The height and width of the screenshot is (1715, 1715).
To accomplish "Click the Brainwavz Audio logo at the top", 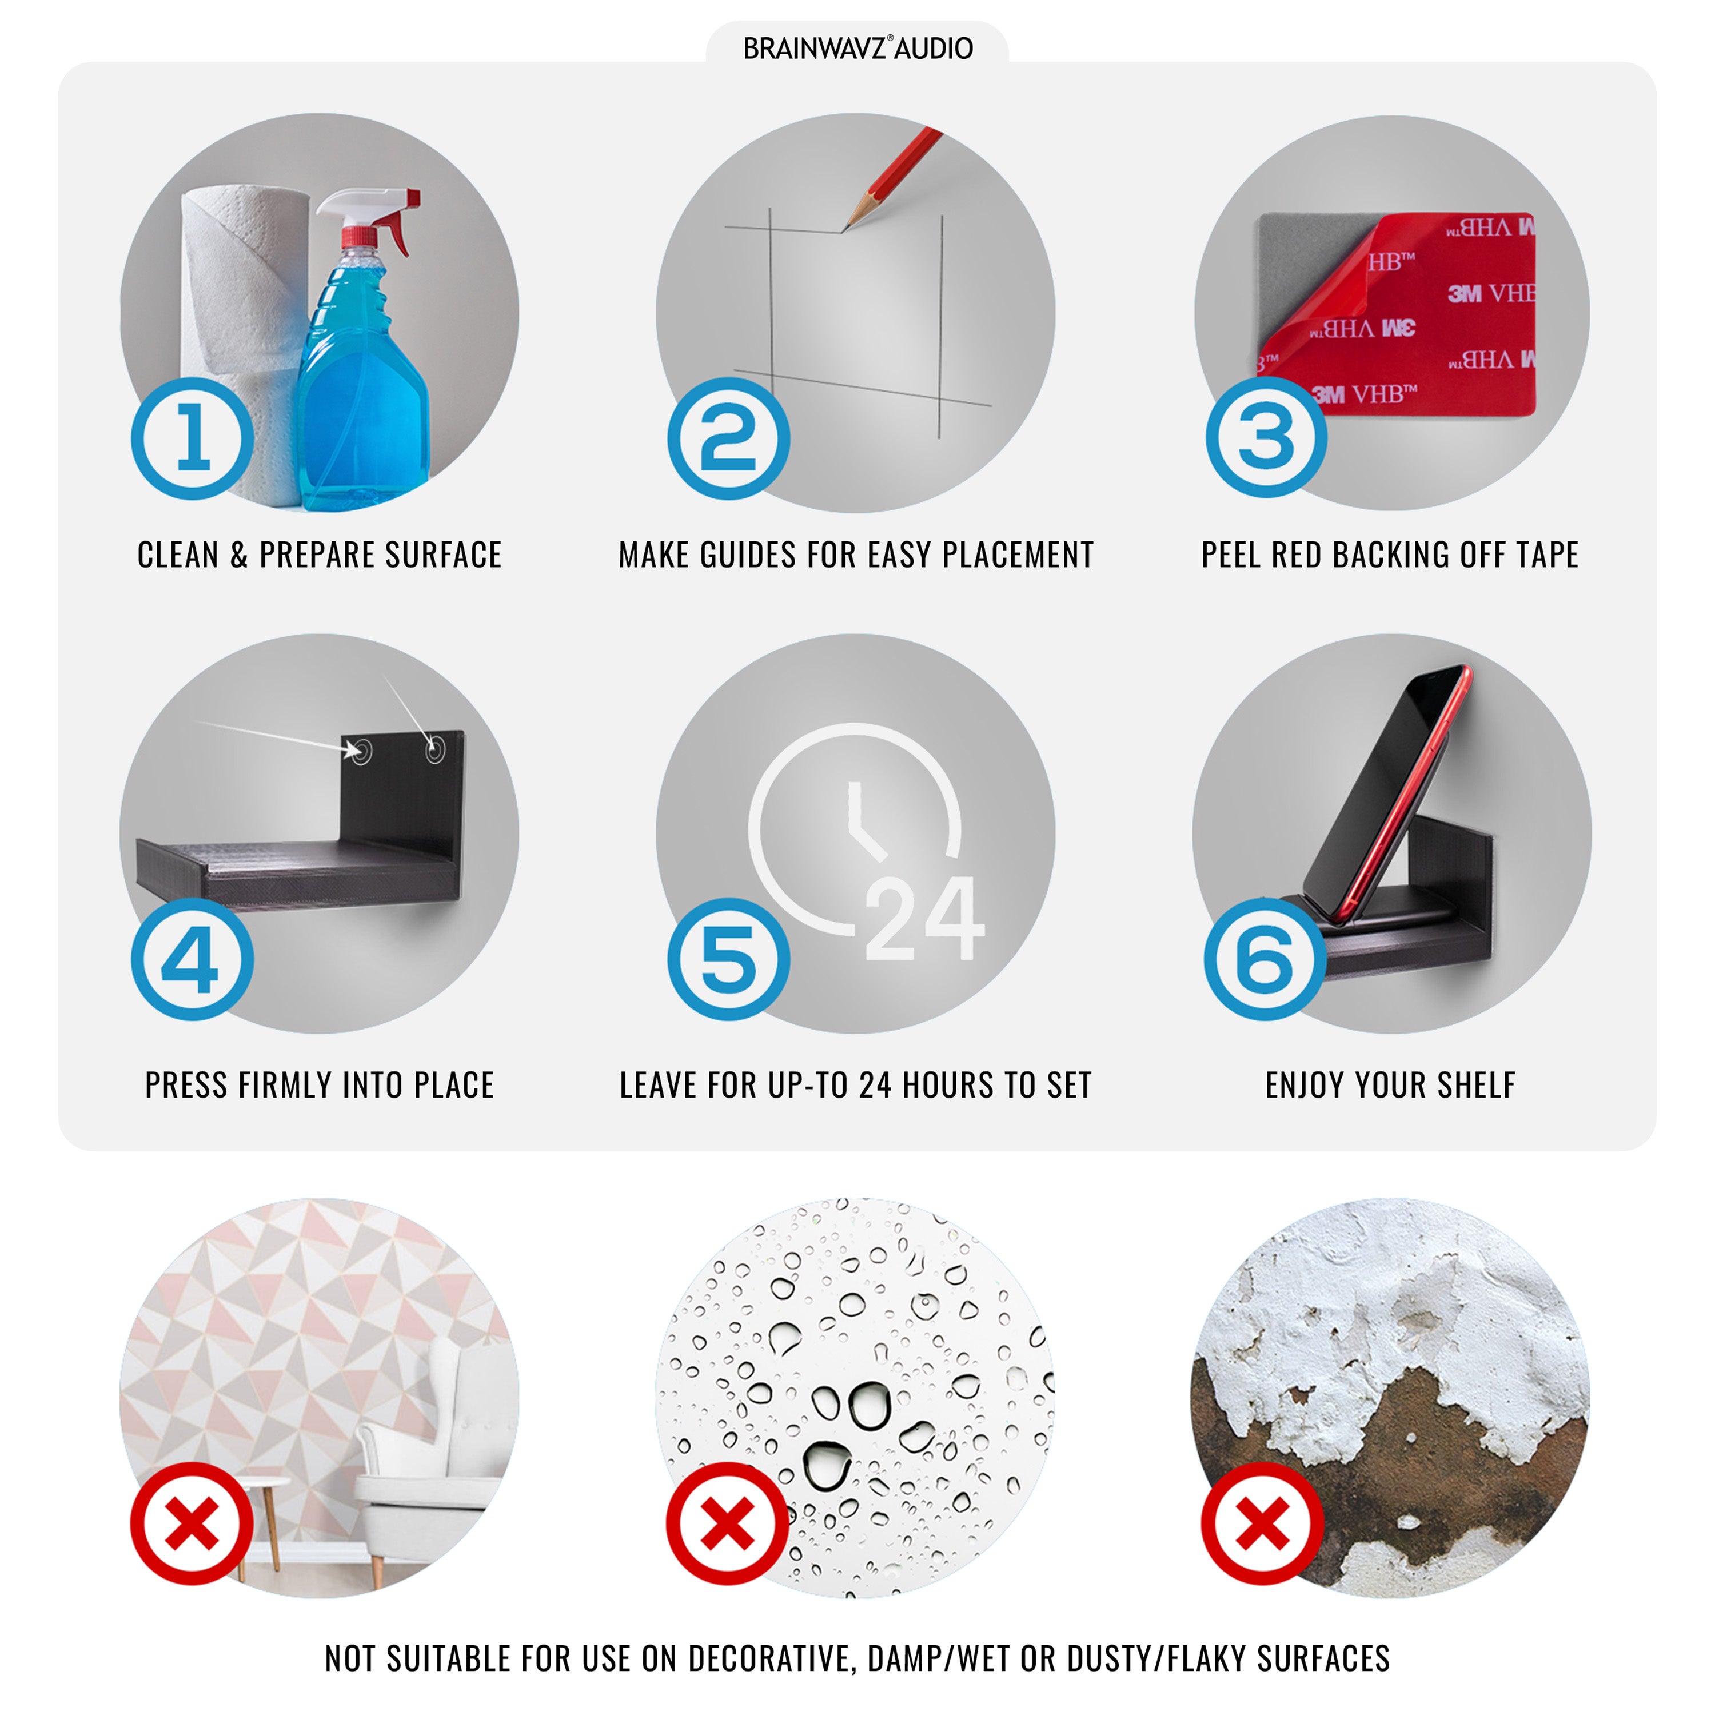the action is point(857,48).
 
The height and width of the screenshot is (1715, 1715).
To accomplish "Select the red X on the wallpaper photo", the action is point(192,1524).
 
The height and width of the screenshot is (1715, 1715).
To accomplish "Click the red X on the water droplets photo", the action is point(728,1524).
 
